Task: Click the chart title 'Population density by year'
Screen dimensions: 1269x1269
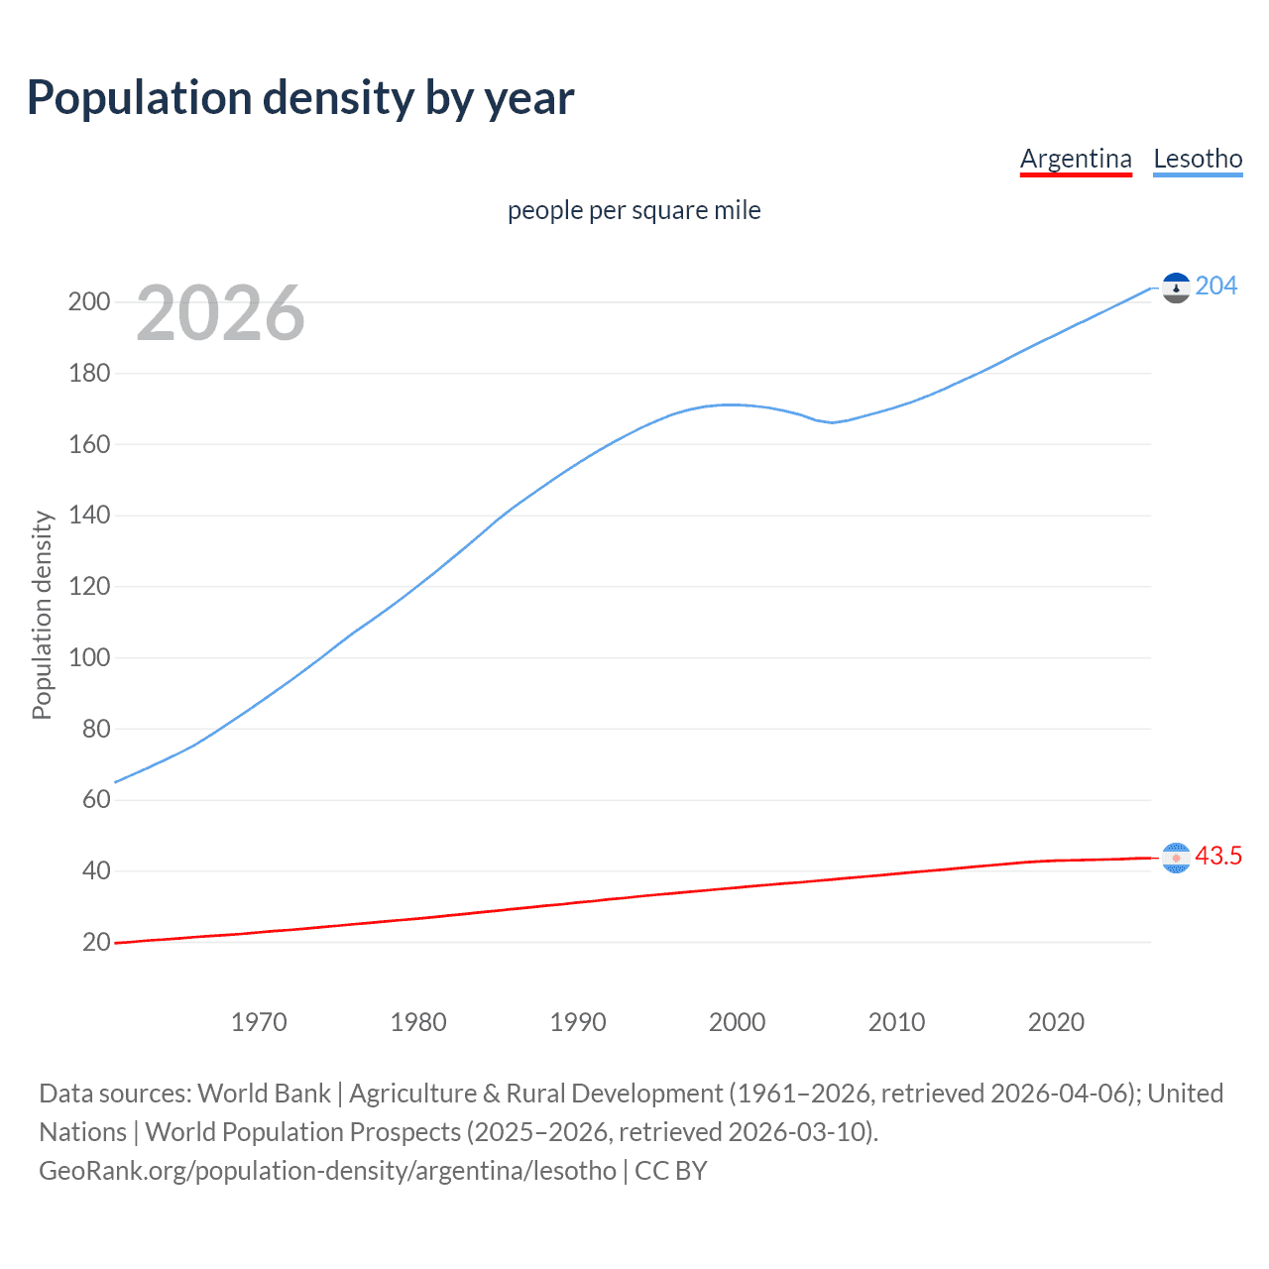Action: point(300,98)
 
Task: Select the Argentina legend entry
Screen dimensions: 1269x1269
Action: point(1076,159)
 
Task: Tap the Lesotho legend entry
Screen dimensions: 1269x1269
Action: point(1198,159)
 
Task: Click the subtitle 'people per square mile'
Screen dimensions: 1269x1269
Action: point(634,210)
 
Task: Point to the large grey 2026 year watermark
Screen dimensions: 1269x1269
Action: point(220,313)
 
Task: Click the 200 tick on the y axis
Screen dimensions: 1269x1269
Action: point(89,302)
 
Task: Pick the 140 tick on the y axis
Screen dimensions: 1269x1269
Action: point(89,516)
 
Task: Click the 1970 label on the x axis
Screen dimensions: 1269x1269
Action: point(259,1022)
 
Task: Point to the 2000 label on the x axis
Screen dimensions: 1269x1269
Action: point(737,1022)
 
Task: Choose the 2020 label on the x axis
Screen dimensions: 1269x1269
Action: point(1056,1022)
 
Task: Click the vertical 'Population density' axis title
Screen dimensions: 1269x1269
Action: point(42,615)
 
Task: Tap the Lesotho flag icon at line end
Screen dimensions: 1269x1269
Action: point(1176,288)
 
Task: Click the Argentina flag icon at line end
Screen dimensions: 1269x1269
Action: point(1176,858)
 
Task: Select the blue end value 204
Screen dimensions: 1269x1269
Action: point(1216,287)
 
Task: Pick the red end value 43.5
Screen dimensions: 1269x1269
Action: point(1218,857)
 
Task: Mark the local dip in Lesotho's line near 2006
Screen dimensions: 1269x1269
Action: point(832,422)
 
